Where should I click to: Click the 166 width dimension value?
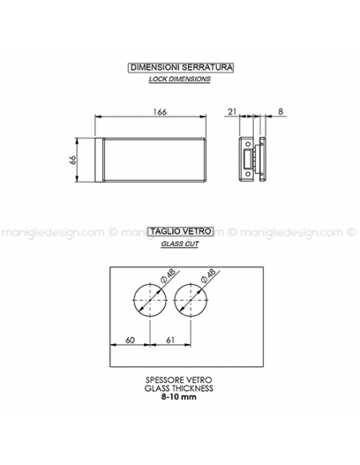coord(160,112)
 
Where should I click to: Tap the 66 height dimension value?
coord(72,160)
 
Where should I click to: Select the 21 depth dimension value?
coord(233,111)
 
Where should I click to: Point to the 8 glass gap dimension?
coord(280,111)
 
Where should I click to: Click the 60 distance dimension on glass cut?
coord(130,340)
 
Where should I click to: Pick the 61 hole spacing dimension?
coord(170,340)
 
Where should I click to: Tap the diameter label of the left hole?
coord(168,275)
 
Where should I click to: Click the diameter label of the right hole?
coord(209,275)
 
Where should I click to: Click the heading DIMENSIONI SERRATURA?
coord(181,68)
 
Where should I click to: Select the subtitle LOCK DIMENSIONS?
coord(180,79)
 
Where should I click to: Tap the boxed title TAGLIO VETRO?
coord(181,231)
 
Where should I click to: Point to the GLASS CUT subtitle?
coord(180,244)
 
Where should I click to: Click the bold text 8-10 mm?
coord(179,397)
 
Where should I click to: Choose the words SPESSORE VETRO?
coord(179,380)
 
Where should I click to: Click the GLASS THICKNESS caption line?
coord(179,389)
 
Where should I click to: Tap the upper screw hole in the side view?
coord(248,144)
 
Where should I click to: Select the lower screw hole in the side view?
coord(248,174)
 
